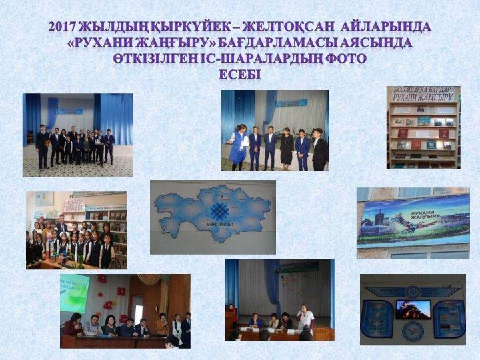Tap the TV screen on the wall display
click(x=413, y=309)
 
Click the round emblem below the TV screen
click(x=413, y=329)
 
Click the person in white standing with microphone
click(x=305, y=317)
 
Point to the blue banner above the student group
click(x=69, y=111)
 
